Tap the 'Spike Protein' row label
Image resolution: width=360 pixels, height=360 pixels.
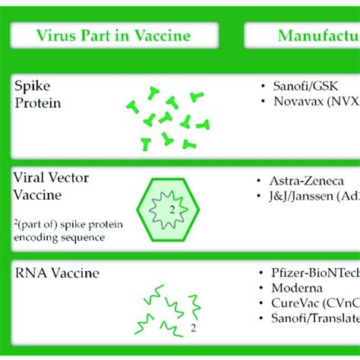pyautogui.click(x=37, y=93)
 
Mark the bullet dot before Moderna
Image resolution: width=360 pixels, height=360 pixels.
pyautogui.click(x=262, y=289)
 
